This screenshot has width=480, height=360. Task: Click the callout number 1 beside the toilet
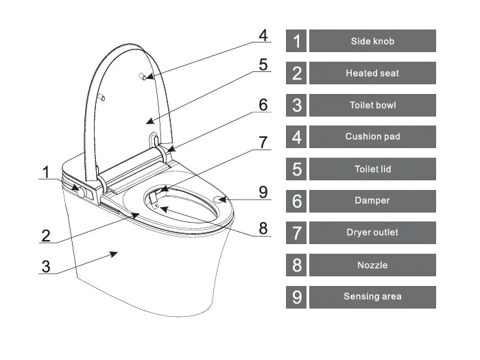46,170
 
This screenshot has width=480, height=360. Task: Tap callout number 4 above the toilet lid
263,36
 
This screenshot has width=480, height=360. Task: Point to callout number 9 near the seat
263,192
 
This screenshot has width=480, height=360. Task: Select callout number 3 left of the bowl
46,265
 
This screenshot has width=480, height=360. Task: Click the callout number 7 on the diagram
263,142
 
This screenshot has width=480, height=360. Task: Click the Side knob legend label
372,41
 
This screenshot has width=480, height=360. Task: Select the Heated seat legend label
372,73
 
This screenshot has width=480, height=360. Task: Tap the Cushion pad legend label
372,136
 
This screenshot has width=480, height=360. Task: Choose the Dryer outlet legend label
372,232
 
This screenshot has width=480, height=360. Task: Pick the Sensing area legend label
372,296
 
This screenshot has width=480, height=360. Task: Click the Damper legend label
372,201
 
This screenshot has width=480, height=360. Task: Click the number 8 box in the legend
296,265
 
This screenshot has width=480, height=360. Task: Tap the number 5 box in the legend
296,169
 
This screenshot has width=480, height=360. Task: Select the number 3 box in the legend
296,105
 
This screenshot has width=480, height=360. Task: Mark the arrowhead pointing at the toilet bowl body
111,255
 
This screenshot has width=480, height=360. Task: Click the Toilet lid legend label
372,169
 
